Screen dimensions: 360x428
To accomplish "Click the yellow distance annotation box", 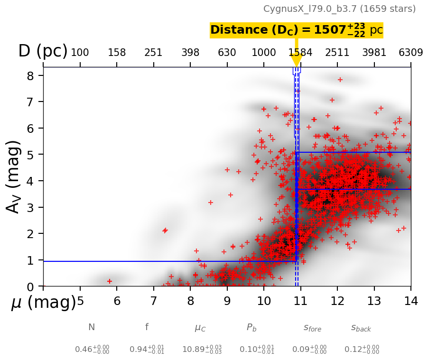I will click(x=296, y=30).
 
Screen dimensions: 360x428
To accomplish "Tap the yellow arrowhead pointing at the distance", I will click(x=297, y=61).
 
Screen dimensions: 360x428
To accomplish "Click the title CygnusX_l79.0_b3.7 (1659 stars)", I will click(x=339, y=9).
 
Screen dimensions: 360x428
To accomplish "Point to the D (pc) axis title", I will click(x=43, y=51).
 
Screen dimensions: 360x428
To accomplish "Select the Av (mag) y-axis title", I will click(x=14, y=176).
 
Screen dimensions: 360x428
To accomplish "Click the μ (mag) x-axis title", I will click(x=43, y=302).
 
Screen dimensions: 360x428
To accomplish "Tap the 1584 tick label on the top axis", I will click(x=300, y=53).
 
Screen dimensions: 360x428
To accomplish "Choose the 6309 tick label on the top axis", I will click(x=410, y=53).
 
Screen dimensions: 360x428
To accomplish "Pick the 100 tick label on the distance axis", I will click(x=80, y=53).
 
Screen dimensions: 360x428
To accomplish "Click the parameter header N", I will click(x=92, y=327).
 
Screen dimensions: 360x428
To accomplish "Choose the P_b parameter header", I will click(x=251, y=327).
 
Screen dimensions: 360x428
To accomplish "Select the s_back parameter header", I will click(x=361, y=328).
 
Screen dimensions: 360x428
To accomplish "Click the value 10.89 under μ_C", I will click(x=202, y=350).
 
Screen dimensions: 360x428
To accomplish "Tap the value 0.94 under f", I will click(x=147, y=350).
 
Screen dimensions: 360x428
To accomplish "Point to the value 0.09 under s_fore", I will click(x=309, y=350).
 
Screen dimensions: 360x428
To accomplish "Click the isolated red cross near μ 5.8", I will click(x=110, y=281).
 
